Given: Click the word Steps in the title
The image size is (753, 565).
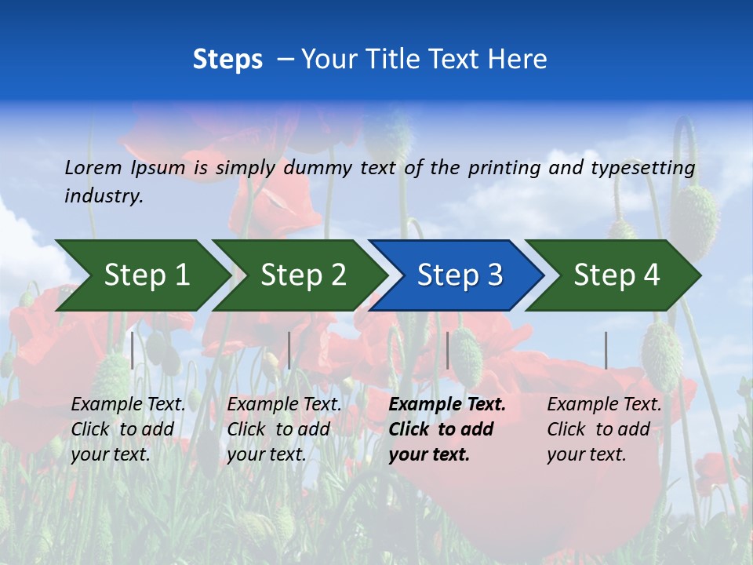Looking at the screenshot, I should tap(227, 60).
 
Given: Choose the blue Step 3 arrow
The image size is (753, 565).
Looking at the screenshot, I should tap(460, 275).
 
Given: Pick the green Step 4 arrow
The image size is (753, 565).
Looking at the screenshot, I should tap(617, 275).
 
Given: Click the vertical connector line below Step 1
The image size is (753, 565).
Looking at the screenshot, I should tap(133, 350).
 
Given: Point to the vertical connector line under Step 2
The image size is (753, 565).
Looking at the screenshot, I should tap(289, 350).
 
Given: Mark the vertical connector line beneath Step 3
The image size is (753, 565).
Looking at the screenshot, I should tap(447, 350).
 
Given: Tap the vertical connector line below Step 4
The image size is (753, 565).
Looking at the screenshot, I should tap(606, 350).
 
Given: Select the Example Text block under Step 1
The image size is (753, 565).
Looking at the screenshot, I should tap(128, 428).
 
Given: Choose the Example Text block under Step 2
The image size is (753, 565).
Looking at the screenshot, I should tap(284, 428).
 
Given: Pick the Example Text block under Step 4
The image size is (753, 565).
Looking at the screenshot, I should tap(604, 428).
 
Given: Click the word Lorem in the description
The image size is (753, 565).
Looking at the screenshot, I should tap(93, 167).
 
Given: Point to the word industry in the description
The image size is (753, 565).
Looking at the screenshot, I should tap(104, 196).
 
